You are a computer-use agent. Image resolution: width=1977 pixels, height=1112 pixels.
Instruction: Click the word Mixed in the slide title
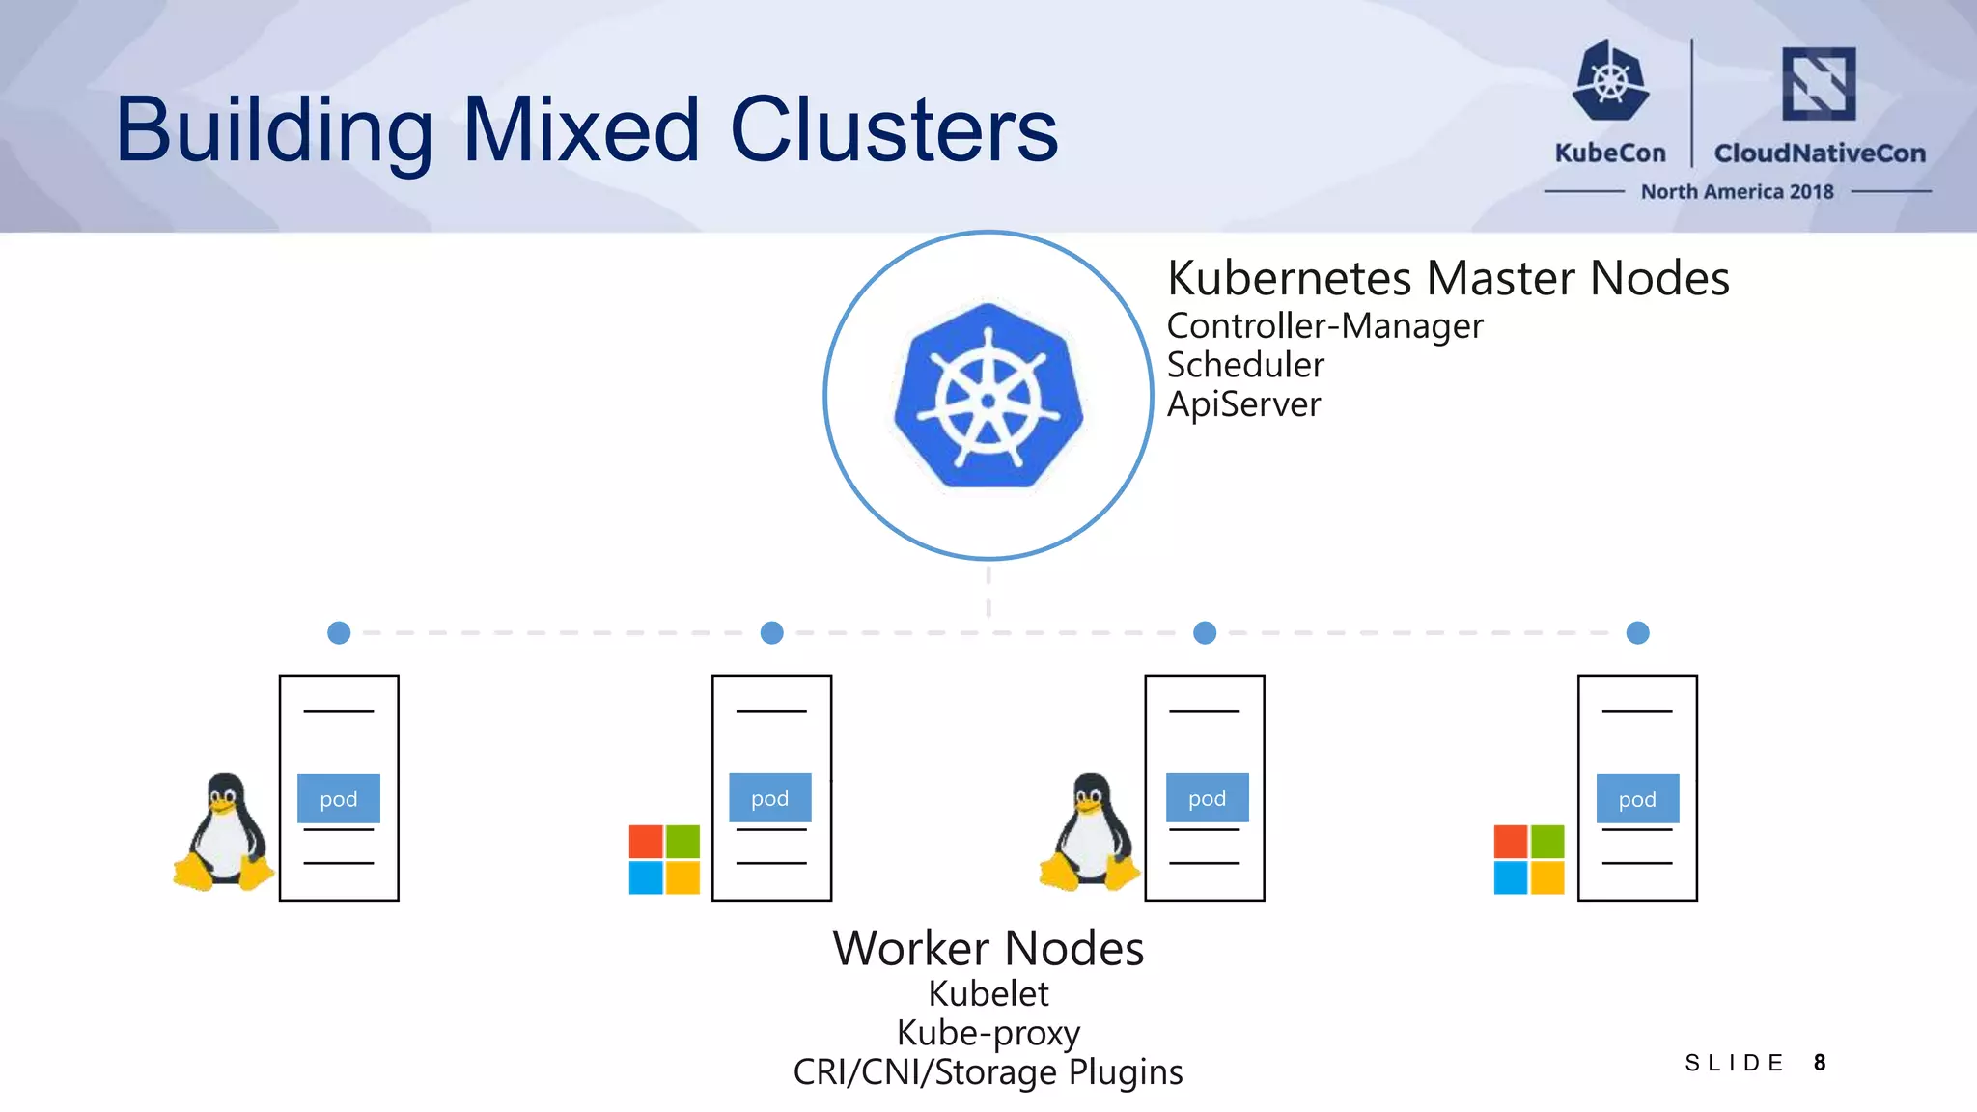coord(580,130)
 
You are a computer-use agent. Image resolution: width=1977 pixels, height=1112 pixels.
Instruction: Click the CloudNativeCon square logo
coord(1819,84)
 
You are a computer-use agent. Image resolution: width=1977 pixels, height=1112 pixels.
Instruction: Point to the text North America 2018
coord(1737,192)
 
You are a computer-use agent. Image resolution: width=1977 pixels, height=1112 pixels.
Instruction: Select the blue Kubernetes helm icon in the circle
coord(988,396)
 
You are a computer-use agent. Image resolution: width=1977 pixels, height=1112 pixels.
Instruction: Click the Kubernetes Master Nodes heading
coord(1448,279)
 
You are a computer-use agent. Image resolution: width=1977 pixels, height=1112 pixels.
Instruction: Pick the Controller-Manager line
coord(1324,326)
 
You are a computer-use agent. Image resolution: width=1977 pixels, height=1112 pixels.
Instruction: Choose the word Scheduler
coord(1245,365)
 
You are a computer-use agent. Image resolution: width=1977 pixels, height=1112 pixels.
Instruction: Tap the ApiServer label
coord(1243,404)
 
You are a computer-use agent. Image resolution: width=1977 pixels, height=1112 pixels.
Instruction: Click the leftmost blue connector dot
coord(339,633)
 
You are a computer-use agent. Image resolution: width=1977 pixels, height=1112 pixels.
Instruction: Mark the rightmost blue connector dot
coord(1637,633)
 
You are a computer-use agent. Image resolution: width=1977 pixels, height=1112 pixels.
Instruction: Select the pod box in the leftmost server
coord(339,798)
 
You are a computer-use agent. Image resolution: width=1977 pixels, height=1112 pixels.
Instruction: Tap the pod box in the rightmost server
coord(1637,798)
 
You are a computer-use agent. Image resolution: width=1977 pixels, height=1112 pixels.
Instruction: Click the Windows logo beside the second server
coord(664,859)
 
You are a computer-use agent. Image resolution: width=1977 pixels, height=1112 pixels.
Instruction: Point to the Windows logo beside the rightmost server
coord(1529,859)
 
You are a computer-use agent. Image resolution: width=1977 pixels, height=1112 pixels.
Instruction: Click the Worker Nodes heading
coord(988,949)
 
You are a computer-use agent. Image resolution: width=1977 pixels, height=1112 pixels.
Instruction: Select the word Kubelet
coord(988,994)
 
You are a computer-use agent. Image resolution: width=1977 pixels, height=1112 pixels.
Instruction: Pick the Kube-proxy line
coord(988,1033)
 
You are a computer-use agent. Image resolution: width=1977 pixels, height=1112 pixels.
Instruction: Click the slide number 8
coord(1820,1063)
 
